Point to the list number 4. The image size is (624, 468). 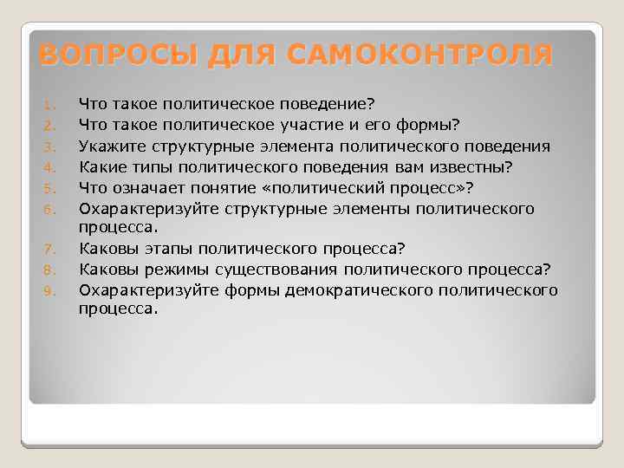tap(49, 166)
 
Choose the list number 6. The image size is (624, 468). tap(49, 209)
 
